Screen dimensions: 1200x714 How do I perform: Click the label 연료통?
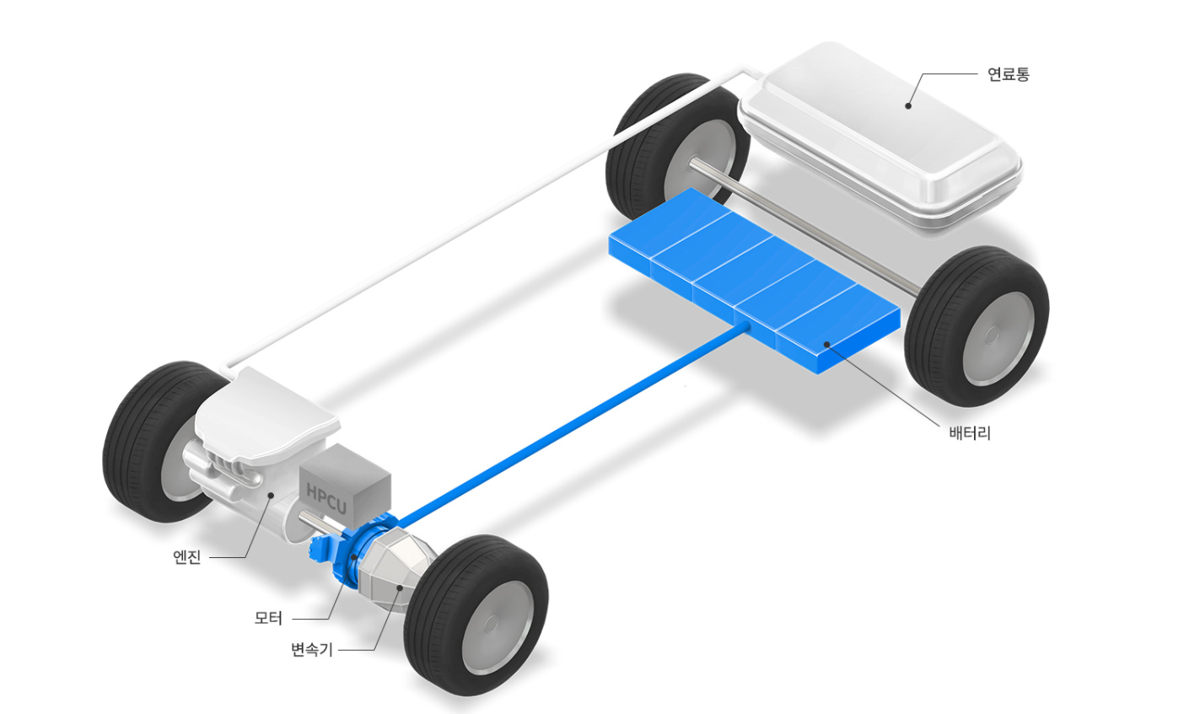pyautogui.click(x=1009, y=74)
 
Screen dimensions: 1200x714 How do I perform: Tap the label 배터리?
pyautogui.click(x=970, y=432)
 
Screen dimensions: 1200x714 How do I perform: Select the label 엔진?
pyautogui.click(x=187, y=557)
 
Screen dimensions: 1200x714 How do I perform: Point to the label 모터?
pyautogui.click(x=268, y=618)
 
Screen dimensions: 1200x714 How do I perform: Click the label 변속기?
pyautogui.click(x=312, y=650)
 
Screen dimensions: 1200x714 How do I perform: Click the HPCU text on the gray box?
pyautogui.click(x=326, y=497)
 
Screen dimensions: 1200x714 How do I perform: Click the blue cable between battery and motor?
pyautogui.click(x=573, y=424)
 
